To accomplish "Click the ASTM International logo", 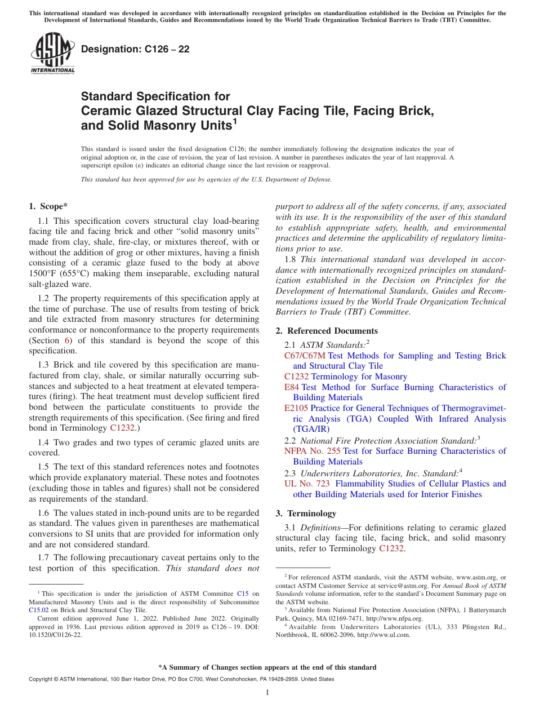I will point(52,53).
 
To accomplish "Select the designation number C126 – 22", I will point(135,49).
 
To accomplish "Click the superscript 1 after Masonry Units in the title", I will point(235,121).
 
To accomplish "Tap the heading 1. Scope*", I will point(49,206).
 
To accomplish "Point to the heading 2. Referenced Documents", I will point(327,331).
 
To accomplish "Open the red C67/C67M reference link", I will point(305,356).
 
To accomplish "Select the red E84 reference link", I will point(292,387).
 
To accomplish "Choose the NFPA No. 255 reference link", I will point(312,451).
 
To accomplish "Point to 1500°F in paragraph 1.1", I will point(44,273).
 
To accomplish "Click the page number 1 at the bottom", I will point(267,693).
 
